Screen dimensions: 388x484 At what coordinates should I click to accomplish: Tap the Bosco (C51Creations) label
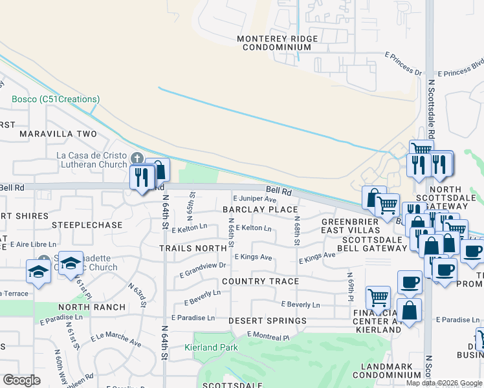(56, 99)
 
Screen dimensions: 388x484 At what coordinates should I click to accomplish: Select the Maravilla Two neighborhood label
(58, 134)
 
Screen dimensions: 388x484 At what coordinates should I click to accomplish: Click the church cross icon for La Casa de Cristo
(137, 158)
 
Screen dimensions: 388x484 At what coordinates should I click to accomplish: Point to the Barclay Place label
(260, 210)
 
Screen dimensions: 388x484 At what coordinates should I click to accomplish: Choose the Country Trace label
(260, 281)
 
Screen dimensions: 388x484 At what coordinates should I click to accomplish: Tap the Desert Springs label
(267, 321)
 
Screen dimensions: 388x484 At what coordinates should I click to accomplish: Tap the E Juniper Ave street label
(254, 199)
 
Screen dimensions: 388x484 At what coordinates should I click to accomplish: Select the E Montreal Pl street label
(268, 335)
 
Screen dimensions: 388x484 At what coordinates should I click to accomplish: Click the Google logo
(21, 380)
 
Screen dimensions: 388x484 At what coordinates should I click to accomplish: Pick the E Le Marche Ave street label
(116, 338)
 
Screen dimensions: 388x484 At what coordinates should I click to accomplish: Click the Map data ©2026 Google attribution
(444, 383)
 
